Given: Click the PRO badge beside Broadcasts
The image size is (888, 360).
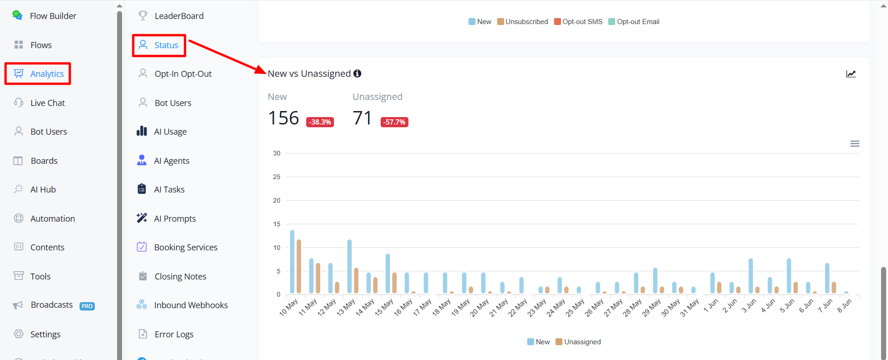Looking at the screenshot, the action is pyautogui.click(x=87, y=306).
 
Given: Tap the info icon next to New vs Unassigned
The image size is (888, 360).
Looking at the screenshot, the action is pyautogui.click(x=358, y=74).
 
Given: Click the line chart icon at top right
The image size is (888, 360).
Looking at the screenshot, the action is pyautogui.click(x=851, y=74).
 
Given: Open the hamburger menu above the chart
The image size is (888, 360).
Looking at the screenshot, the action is pyautogui.click(x=855, y=144).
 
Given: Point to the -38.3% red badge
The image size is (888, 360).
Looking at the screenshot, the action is pyautogui.click(x=320, y=122).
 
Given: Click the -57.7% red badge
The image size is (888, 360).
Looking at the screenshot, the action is pyautogui.click(x=395, y=122).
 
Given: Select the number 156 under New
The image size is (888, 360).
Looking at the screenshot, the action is pyautogui.click(x=284, y=118).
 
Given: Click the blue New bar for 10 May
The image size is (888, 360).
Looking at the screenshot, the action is pyautogui.click(x=292, y=262).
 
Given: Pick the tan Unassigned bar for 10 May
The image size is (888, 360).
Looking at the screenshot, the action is pyautogui.click(x=299, y=267).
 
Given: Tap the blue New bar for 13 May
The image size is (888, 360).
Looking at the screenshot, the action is pyautogui.click(x=350, y=267).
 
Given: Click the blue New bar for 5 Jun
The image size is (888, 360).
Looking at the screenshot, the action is pyautogui.click(x=789, y=276).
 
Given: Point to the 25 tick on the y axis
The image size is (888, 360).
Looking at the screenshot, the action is pyautogui.click(x=277, y=177).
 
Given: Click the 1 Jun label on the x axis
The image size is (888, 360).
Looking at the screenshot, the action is pyautogui.click(x=711, y=305).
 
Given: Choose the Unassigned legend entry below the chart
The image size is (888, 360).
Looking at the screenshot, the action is pyautogui.click(x=578, y=342).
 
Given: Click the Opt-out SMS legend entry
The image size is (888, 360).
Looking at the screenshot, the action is pyautogui.click(x=578, y=22).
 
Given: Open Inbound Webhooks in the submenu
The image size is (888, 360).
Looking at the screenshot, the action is pyautogui.click(x=182, y=305).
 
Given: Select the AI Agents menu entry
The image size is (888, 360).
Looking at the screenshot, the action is pyautogui.click(x=163, y=161).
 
